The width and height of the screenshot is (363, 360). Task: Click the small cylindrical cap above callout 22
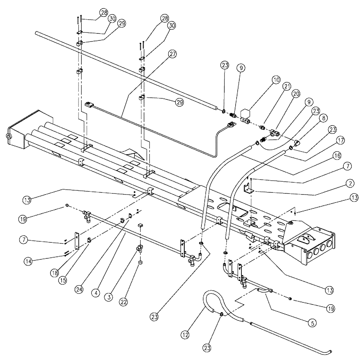(x=140, y=262)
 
